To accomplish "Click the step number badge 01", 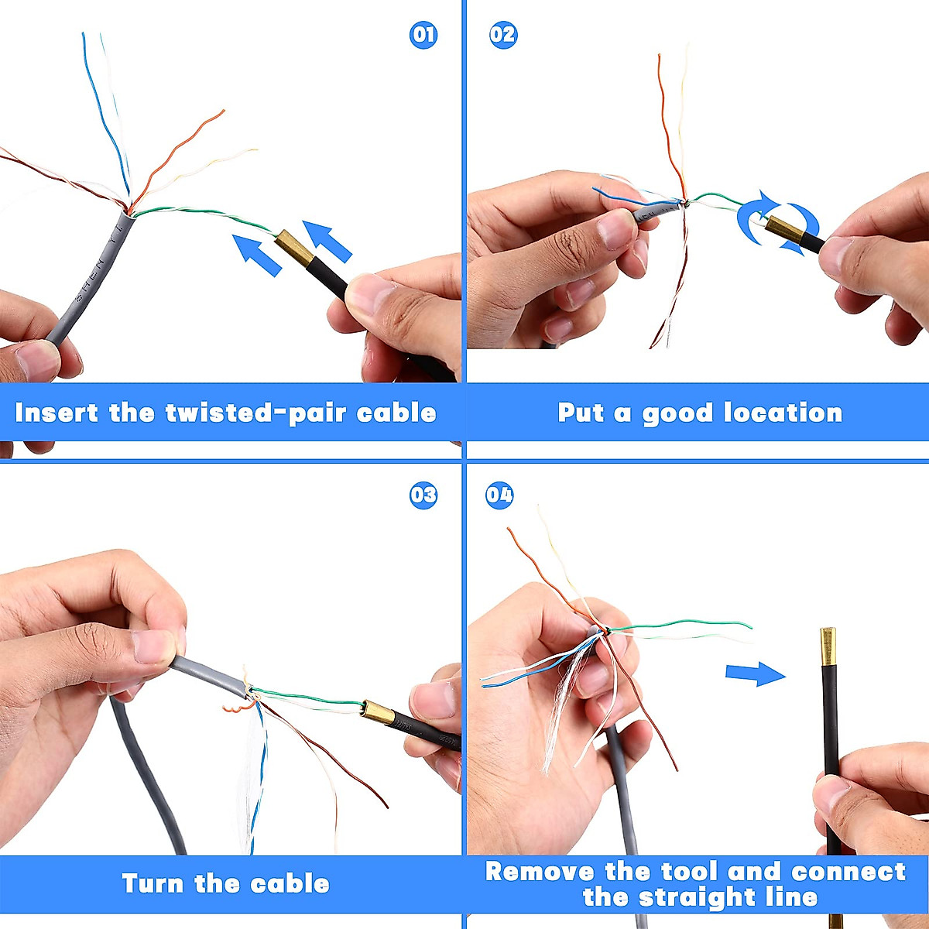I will point(423,35).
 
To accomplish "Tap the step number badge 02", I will point(503,35).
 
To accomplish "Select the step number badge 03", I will point(423,495).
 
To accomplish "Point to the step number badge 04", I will point(499,495).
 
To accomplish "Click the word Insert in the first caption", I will point(57,413).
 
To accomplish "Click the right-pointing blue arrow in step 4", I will point(755,674).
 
